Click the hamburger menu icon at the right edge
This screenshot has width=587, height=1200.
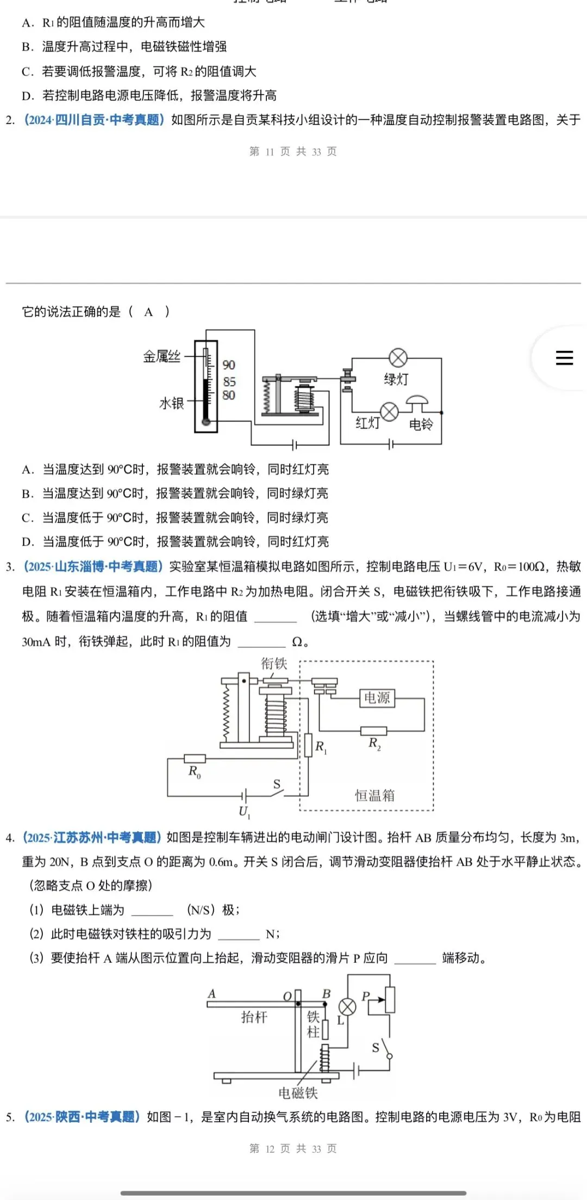pyautogui.click(x=564, y=357)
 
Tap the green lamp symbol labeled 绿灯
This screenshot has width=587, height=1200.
pyautogui.click(x=398, y=358)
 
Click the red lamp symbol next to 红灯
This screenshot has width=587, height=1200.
pyautogui.click(x=389, y=412)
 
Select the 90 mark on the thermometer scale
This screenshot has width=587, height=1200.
pyautogui.click(x=229, y=365)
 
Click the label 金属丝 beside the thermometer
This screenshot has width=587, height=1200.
pyautogui.click(x=161, y=357)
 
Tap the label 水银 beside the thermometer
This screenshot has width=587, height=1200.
pyautogui.click(x=171, y=403)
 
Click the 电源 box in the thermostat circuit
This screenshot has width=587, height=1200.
pyautogui.click(x=377, y=698)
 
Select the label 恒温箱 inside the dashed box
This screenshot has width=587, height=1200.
pyautogui.click(x=374, y=795)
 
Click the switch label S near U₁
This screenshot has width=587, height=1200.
pyautogui.click(x=277, y=784)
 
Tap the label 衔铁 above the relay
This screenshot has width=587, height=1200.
pyautogui.click(x=274, y=664)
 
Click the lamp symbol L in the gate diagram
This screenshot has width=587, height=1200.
pyautogui.click(x=347, y=1007)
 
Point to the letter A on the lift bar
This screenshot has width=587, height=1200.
pyautogui.click(x=212, y=993)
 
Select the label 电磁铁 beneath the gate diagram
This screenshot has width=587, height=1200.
pyautogui.click(x=298, y=1093)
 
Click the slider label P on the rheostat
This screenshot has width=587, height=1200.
pyautogui.click(x=365, y=996)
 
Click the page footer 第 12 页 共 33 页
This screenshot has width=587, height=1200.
pyautogui.click(x=293, y=1148)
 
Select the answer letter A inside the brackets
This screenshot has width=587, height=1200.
pyautogui.click(x=148, y=312)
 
